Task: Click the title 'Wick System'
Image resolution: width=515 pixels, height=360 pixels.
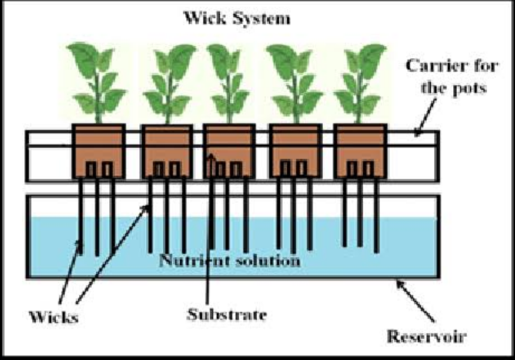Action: (x=237, y=19)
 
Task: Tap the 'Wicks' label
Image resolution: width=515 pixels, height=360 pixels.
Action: (x=54, y=317)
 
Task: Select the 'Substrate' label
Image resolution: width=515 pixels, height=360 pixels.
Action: (x=227, y=315)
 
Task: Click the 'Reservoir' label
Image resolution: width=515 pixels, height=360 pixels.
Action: (x=427, y=336)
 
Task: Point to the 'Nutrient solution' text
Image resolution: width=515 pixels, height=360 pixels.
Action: (x=230, y=260)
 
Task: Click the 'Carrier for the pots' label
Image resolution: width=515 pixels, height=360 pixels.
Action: (x=452, y=77)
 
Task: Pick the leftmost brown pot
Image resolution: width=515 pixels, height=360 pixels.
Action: (x=98, y=151)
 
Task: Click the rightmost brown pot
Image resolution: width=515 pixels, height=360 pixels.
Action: (x=361, y=151)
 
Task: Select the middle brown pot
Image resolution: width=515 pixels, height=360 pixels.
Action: (x=229, y=151)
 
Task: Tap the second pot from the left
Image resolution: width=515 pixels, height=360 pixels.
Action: (x=167, y=151)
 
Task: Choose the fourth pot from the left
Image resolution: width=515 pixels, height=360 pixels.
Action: (x=295, y=151)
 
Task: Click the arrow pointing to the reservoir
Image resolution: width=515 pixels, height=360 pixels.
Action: (x=415, y=301)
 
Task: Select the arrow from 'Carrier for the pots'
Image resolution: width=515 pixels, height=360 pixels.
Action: (x=426, y=117)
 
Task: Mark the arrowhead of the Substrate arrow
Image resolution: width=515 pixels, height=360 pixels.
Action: (x=211, y=157)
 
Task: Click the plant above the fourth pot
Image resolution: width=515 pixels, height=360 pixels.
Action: (x=294, y=84)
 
